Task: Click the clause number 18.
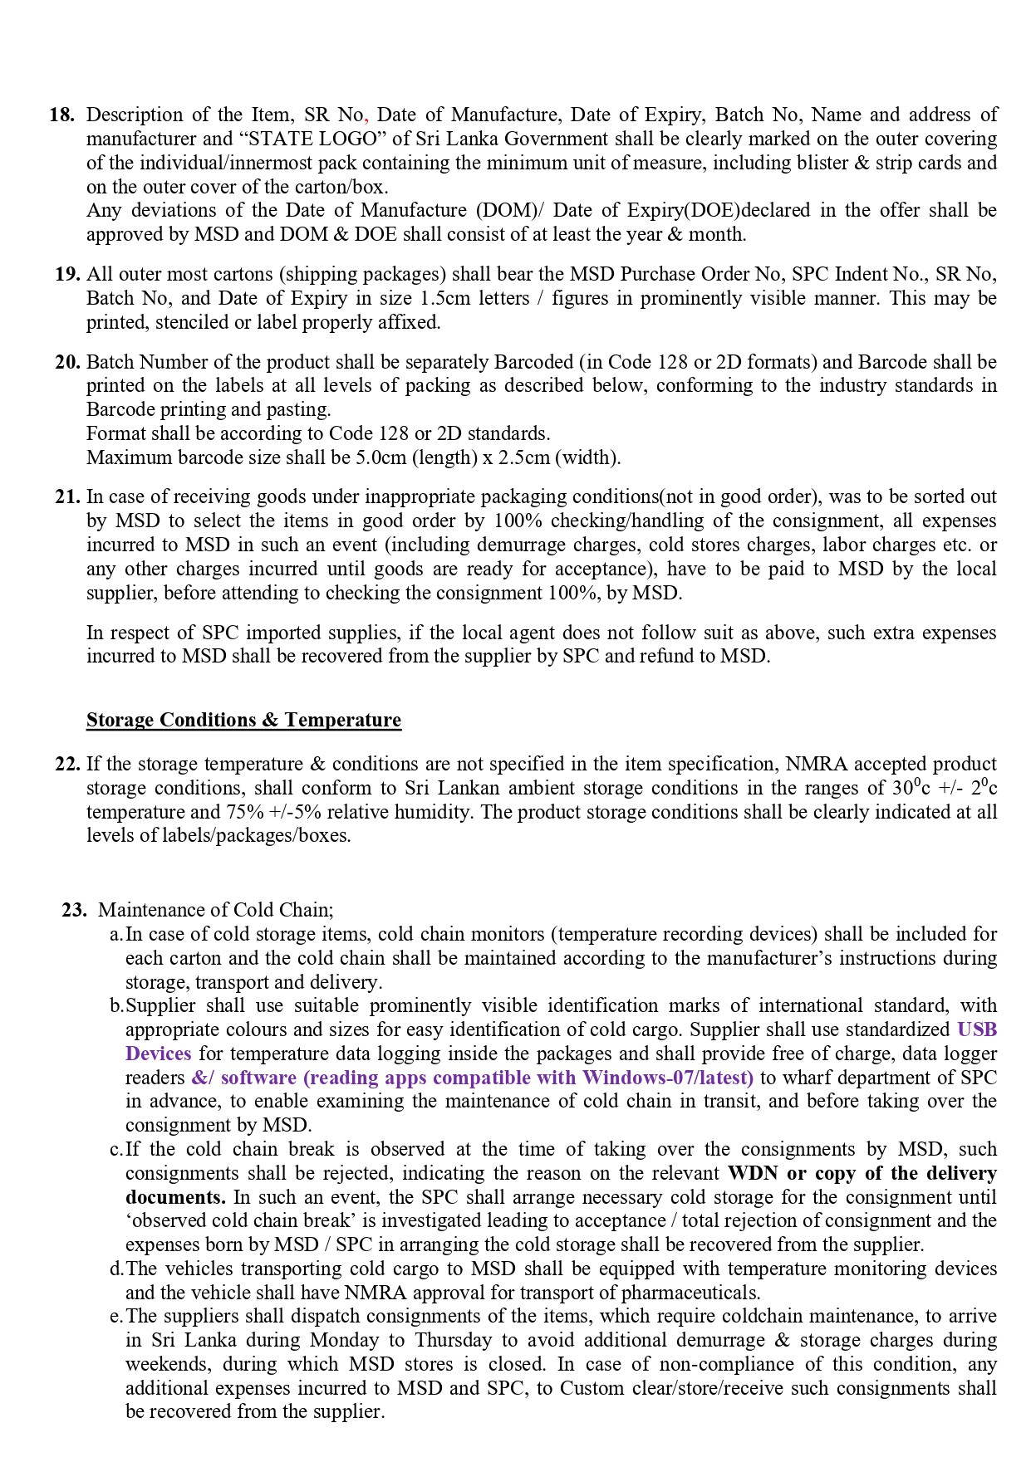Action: coord(62,115)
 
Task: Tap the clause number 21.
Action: coord(67,496)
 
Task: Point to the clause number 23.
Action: coord(74,910)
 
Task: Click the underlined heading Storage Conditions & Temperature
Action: coord(243,720)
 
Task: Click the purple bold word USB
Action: coord(977,1029)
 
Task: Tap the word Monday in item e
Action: coord(344,1340)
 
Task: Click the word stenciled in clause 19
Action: coord(192,322)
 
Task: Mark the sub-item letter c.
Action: coord(115,1149)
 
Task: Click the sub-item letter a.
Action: coord(115,934)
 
